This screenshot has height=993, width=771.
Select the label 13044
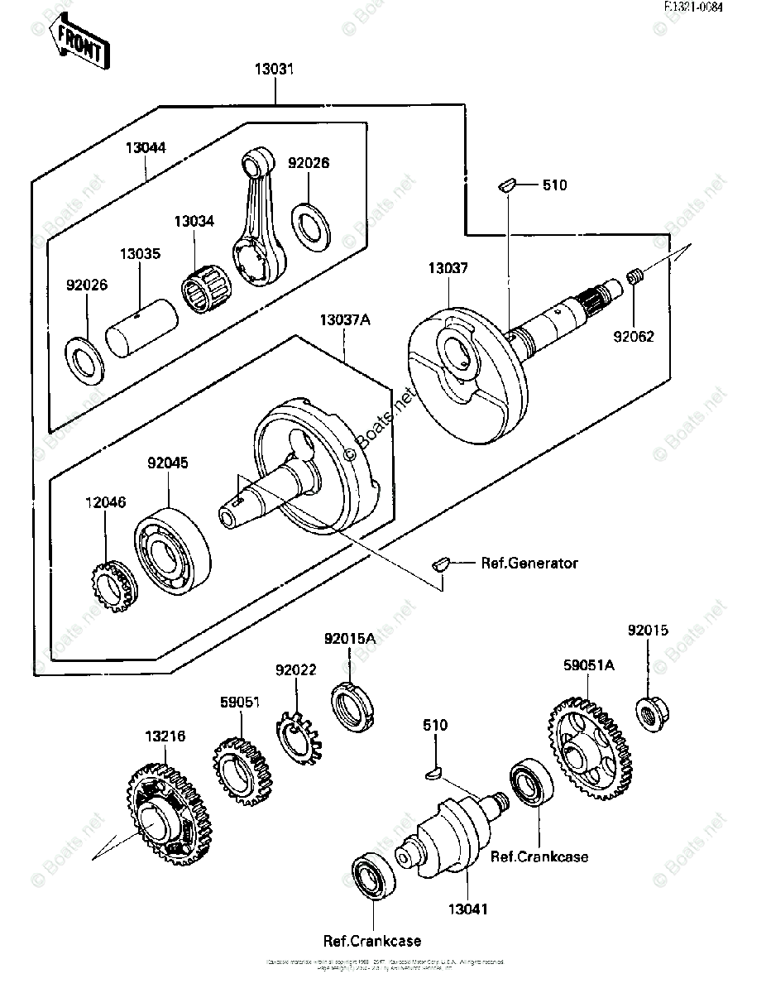click(146, 148)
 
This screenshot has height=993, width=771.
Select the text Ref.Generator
click(529, 564)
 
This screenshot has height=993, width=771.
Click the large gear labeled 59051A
click(589, 749)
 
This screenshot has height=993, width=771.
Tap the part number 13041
click(468, 909)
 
